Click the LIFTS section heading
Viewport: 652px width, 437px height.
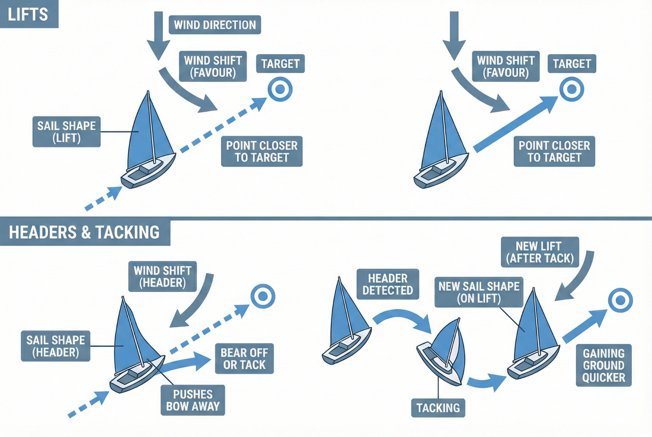[x=28, y=14]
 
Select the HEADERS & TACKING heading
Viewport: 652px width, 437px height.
[x=84, y=233]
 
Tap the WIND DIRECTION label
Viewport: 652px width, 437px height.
[x=215, y=25]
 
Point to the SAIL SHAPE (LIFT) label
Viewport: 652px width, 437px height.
[x=66, y=132]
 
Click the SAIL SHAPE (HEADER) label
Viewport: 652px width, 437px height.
[x=55, y=346]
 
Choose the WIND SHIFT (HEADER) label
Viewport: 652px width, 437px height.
[x=162, y=277]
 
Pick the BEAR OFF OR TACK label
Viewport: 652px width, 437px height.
[x=244, y=359]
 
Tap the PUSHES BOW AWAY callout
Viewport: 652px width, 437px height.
[x=193, y=400]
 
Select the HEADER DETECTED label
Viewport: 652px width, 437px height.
[x=388, y=284]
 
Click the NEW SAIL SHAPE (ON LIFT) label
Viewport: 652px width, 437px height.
[x=479, y=292]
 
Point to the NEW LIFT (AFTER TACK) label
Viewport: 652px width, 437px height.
[x=540, y=252]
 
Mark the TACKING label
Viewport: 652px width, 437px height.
[x=438, y=408]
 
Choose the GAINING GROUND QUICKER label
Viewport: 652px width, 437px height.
[x=604, y=365]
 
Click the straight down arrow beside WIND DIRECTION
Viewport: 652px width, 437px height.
[x=159, y=35]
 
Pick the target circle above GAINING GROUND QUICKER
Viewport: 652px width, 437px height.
[x=620, y=301]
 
